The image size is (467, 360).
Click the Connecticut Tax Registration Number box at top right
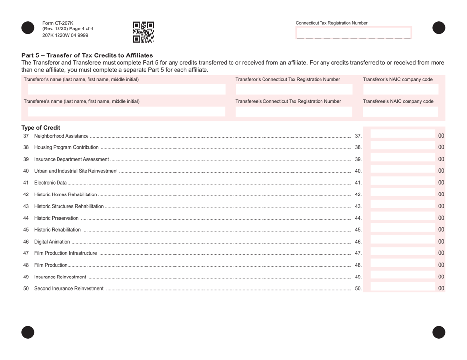pyautogui.click(x=353, y=33)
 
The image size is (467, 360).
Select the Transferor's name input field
pyautogui.click(x=124, y=89)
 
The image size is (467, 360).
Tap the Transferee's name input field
pyautogui.click(x=124, y=111)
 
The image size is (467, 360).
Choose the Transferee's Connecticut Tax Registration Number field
pyautogui.click(x=294, y=111)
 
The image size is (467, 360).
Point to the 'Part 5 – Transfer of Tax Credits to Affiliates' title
pyautogui.click(x=87, y=55)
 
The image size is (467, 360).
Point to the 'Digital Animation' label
pyautogui.click(x=52, y=242)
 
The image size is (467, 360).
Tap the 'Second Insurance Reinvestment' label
pyautogui.click(x=69, y=288)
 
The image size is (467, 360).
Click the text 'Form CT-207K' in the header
pyautogui.click(x=58, y=23)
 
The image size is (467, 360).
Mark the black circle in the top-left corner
pyautogui.click(x=28, y=28)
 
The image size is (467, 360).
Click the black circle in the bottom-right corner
pyautogui.click(x=438, y=332)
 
